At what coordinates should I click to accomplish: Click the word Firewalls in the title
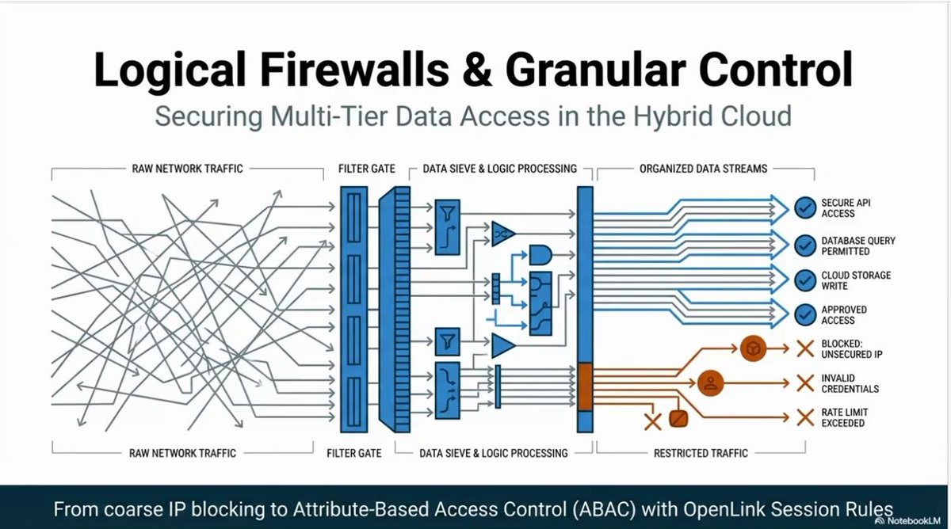tap(354, 70)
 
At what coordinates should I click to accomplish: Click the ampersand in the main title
tap(477, 70)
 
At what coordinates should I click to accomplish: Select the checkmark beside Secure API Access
tap(805, 207)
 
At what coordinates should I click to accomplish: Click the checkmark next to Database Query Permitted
tap(805, 245)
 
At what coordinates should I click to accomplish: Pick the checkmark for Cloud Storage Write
tap(805, 280)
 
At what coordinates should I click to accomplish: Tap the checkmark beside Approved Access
tap(805, 314)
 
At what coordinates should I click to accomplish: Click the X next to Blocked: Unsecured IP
tap(805, 349)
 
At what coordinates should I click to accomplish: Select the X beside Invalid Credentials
tap(805, 383)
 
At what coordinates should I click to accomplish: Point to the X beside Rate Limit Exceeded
tap(805, 418)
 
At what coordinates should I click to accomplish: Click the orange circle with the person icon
tap(710, 383)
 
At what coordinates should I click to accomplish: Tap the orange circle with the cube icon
tap(753, 348)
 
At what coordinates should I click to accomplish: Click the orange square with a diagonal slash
tap(678, 419)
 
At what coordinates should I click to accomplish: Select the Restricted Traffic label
tap(701, 454)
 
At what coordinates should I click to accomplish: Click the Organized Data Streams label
tap(703, 169)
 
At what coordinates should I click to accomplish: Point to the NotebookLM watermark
tap(908, 521)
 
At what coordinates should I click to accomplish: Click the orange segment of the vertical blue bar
tap(585, 387)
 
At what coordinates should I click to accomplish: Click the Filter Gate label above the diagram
tap(366, 169)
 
